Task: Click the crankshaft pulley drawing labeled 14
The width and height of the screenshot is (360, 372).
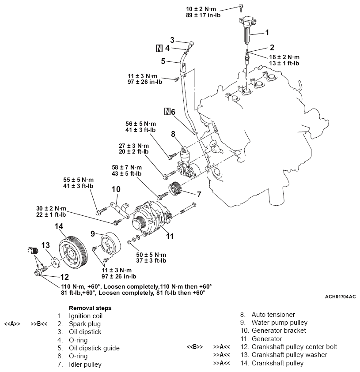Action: [x=70, y=254]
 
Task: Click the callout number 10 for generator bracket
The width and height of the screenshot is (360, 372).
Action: [x=116, y=189]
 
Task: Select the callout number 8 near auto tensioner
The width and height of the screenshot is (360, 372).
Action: [x=173, y=134]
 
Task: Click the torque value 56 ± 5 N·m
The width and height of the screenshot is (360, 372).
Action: [x=144, y=124]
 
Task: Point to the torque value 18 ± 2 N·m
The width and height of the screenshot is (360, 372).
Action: [x=284, y=57]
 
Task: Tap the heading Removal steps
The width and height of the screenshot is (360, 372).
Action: [x=90, y=308]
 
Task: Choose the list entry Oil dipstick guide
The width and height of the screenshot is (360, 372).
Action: [x=94, y=348]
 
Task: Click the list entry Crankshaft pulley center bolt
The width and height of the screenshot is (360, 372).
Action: [x=294, y=347]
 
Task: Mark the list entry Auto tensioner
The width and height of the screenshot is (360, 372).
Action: [x=273, y=315]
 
